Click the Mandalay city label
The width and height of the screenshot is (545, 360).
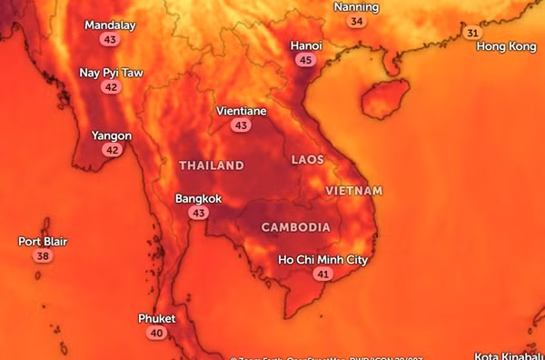click(110, 25)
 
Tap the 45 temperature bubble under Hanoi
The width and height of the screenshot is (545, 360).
click(305, 60)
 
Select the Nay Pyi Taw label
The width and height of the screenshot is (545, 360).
click(111, 73)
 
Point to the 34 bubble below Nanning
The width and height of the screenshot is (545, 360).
click(357, 21)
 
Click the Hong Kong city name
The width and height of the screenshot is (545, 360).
click(506, 46)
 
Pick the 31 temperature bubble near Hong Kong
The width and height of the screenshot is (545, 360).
click(472, 33)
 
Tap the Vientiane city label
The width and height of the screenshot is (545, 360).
click(241, 111)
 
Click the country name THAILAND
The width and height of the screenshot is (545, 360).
click(212, 165)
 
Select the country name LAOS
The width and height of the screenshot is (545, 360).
click(307, 160)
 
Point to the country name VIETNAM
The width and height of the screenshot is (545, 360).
click(353, 191)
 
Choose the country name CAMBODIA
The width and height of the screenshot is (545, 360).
click(295, 226)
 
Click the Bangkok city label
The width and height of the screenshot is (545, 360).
click(198, 198)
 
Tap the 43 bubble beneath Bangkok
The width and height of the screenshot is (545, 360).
click(198, 213)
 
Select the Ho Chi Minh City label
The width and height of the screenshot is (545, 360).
click(322, 260)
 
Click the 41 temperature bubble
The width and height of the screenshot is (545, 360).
click(322, 274)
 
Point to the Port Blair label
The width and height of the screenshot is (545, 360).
click(43, 242)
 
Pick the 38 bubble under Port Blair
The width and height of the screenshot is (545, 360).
click(43, 256)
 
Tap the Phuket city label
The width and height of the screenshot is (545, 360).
click(156, 319)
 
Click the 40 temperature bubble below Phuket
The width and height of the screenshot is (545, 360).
click(156, 334)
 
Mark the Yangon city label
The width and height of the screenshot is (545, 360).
click(112, 136)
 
